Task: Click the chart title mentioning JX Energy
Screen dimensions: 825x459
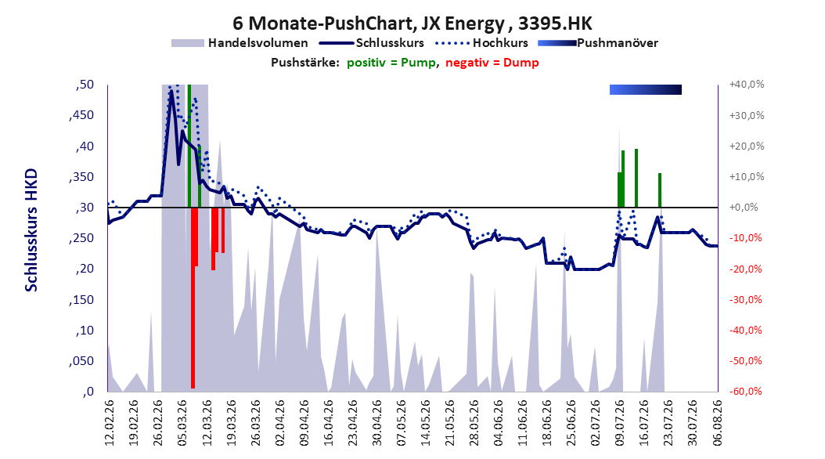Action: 412,23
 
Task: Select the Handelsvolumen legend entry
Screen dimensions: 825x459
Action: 240,43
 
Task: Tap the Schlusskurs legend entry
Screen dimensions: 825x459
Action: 372,43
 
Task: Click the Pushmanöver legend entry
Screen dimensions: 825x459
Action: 598,43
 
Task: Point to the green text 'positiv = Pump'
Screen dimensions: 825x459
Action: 391,63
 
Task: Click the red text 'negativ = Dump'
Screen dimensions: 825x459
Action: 492,63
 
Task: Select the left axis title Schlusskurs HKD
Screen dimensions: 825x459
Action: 31,230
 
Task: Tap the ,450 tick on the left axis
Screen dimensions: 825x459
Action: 81,115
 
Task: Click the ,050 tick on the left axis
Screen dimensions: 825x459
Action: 81,361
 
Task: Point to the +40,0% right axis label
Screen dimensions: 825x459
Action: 747,85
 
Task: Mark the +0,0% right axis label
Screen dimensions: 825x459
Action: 744,208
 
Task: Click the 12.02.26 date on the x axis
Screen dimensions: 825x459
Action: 110,423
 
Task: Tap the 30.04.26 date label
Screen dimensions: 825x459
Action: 376,423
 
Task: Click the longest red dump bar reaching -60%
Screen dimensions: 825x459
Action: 193,298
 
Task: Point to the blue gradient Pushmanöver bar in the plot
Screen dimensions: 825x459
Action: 646,89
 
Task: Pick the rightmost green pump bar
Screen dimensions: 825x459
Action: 660,190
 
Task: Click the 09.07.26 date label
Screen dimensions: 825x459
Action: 621,423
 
